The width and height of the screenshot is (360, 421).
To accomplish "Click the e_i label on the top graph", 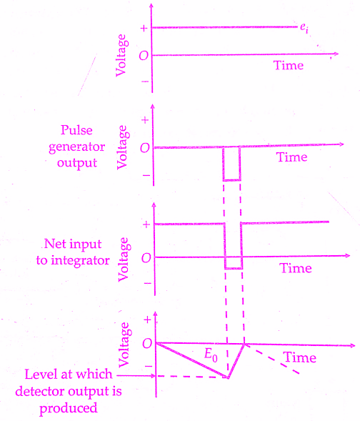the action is pyautogui.click(x=304, y=28).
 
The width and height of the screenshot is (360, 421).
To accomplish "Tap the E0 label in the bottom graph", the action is pyautogui.click(x=211, y=355).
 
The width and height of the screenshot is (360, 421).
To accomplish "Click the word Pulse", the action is pyautogui.click(x=76, y=130).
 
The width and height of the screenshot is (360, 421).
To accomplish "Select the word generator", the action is pyautogui.click(x=76, y=147).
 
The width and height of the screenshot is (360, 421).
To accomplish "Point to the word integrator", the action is pyautogui.click(x=80, y=261).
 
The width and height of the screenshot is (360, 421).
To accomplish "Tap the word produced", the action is pyautogui.click(x=69, y=409).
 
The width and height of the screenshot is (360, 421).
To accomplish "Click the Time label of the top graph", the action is pyautogui.click(x=289, y=65).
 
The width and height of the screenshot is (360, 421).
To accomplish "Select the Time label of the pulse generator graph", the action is pyautogui.click(x=292, y=157).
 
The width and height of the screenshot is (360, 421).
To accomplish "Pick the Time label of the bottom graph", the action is pyautogui.click(x=300, y=357).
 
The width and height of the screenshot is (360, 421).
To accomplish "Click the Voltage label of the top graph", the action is pyautogui.click(x=121, y=55).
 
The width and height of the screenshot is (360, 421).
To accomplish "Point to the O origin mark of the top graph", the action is pyautogui.click(x=144, y=56).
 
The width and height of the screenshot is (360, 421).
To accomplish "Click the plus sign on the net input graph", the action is pyautogui.click(x=146, y=224).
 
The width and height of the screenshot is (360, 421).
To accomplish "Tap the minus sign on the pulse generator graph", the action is pyautogui.click(x=146, y=176).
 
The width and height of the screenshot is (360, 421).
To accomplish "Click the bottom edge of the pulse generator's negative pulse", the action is pyautogui.click(x=231, y=180).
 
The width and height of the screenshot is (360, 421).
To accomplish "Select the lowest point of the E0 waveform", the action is pyautogui.click(x=228, y=377).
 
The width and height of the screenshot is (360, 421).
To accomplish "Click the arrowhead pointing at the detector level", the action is pyautogui.click(x=153, y=376).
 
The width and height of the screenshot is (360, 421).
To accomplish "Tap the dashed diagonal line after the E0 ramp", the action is pyautogui.click(x=271, y=359).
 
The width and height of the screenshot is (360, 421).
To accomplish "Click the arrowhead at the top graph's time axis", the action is pyautogui.click(x=336, y=54).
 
